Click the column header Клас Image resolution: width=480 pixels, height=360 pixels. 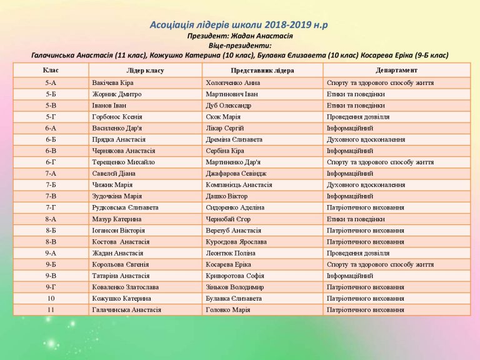[51, 70]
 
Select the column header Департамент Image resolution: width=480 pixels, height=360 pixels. [396, 70]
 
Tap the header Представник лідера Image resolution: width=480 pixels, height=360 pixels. [262, 70]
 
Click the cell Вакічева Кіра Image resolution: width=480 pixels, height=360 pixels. [112, 82]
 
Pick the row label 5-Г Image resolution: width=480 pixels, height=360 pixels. [51, 117]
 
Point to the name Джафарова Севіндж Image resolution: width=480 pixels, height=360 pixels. [234, 173]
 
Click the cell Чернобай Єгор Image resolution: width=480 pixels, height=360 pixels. [227, 219]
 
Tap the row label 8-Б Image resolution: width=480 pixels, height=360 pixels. [51, 231]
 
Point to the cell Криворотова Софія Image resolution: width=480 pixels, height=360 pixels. [234, 276]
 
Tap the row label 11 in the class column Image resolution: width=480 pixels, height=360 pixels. [51, 310]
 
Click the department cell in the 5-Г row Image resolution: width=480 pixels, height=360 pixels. [358, 117]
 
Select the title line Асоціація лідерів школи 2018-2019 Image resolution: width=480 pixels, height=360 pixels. [239, 26]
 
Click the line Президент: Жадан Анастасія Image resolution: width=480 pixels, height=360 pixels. [240, 36]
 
